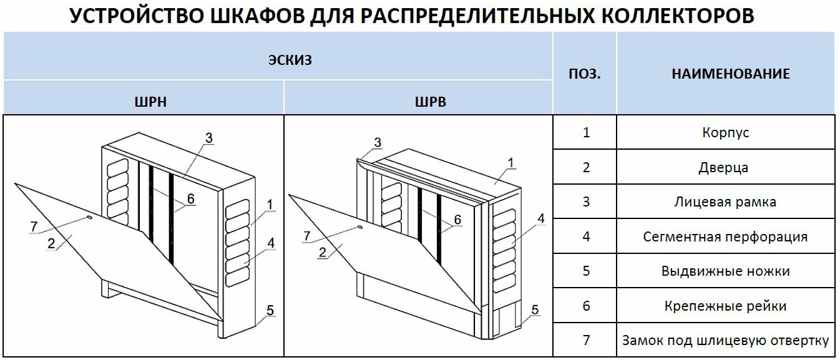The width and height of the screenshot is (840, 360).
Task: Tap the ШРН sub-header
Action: pos(150,102)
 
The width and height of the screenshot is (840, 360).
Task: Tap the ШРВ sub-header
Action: pos(431,102)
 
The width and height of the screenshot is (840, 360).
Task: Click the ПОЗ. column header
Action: pos(585,74)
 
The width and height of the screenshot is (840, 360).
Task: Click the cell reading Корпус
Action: pos(725,132)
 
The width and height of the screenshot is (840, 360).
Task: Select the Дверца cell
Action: pos(725,167)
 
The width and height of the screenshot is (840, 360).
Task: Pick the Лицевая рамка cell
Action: pos(725,202)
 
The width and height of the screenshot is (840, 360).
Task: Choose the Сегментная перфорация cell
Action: pos(725,237)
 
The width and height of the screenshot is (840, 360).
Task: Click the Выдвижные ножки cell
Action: pos(725,271)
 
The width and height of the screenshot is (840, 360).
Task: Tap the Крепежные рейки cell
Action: pos(725,306)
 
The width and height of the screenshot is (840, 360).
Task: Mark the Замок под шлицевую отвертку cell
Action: pos(725,341)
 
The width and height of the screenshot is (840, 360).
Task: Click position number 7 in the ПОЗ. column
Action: pos(585,341)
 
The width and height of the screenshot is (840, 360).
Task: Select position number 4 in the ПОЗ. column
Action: pos(585,237)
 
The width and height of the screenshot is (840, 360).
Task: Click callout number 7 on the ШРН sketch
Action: pos(34,227)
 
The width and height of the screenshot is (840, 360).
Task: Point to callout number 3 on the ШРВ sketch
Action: pos(378,143)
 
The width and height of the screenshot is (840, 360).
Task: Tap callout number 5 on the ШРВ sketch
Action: pos(535,309)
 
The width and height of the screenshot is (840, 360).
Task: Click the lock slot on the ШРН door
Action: pos(89,218)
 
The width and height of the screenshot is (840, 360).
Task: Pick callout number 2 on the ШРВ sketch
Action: pos(322,252)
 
